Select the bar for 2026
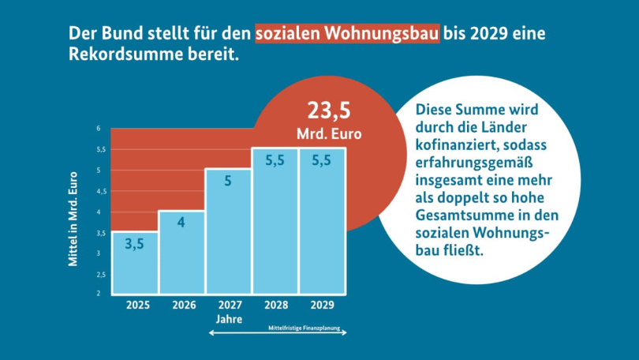click(181, 252)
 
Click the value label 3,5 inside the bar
click(134, 243)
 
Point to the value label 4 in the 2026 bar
click(181, 222)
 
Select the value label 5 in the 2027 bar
click(228, 181)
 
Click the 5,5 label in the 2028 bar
click(275, 160)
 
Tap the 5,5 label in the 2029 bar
click(322, 160)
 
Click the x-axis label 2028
click(275, 305)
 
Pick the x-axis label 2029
click(322, 305)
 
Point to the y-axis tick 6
click(99, 128)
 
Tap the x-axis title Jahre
click(228, 319)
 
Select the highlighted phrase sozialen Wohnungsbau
click(347, 35)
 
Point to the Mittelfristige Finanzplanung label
click(303, 325)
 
